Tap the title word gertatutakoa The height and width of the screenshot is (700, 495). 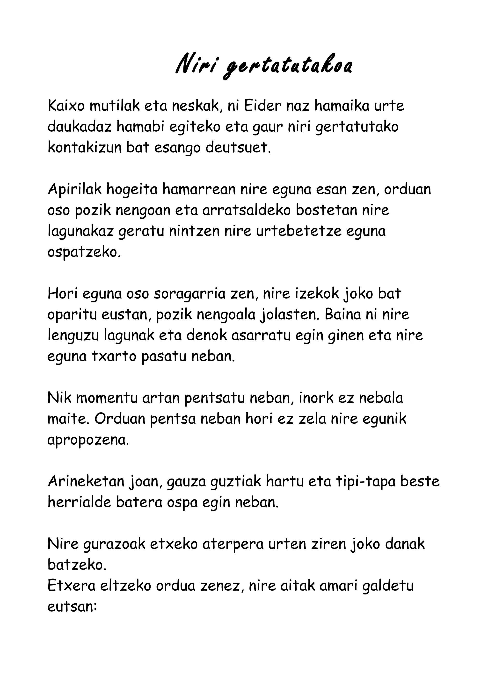pos(287,66)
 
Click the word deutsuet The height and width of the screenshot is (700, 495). pos(238,148)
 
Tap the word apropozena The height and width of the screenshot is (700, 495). pos(88,440)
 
